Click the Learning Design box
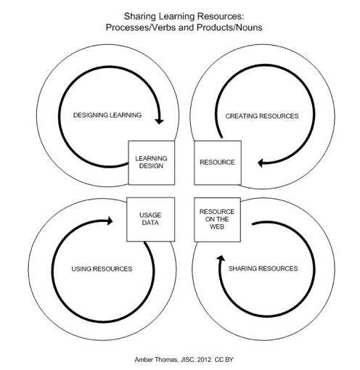coord(151,163)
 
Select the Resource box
coord(218,163)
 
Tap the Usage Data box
coord(150,219)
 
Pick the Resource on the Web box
coord(217,220)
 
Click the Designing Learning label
coord(107,115)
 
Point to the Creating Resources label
coord(262,116)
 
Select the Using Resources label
coord(102,269)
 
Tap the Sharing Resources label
coord(263,268)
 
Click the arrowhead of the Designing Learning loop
coord(159,120)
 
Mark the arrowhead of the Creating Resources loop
coord(261,163)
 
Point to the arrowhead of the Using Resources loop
coord(110,221)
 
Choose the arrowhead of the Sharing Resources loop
coord(221,258)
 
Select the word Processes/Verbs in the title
coord(141,28)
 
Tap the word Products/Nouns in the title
coord(229,28)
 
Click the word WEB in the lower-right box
coord(217,226)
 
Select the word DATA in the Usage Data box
coord(150,223)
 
